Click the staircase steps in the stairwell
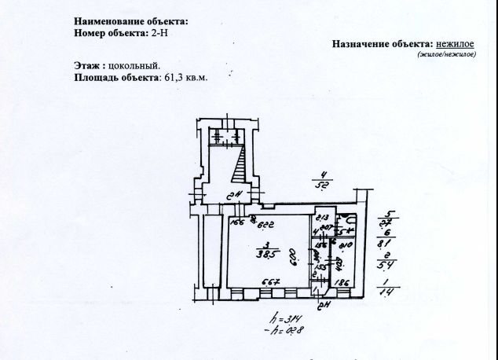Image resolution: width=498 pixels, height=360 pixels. (240, 167)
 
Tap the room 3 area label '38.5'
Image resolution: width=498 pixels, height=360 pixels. (273, 255)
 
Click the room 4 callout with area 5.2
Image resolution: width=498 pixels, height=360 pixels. (321, 181)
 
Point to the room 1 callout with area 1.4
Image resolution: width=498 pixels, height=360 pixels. (386, 286)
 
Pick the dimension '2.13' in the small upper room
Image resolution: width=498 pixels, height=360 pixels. (321, 218)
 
